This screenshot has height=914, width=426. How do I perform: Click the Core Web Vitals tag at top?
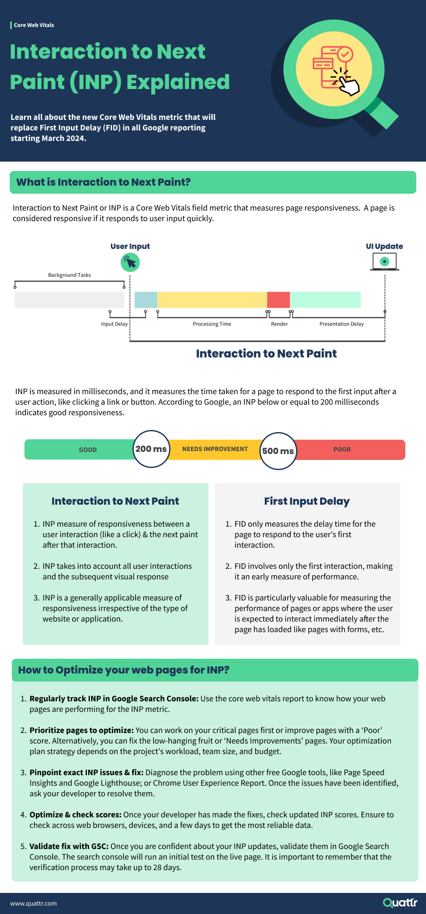click(34, 25)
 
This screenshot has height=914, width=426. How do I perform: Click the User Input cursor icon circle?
click(130, 262)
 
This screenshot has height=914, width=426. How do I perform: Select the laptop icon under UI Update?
click(385, 262)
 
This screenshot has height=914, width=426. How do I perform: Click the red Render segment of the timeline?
click(278, 300)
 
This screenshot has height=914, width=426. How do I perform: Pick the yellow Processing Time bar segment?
click(212, 300)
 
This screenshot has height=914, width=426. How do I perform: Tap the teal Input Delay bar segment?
click(146, 300)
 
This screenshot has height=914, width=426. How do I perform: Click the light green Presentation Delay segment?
click(325, 300)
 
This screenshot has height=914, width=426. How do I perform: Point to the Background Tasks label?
click(70, 275)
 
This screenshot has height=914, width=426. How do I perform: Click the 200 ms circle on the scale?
click(151, 449)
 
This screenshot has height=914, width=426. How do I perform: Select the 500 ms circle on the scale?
click(278, 451)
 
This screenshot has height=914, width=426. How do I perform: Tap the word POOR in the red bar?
click(342, 449)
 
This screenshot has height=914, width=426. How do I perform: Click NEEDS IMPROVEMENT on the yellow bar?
click(215, 449)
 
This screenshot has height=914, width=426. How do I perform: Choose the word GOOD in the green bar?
click(88, 450)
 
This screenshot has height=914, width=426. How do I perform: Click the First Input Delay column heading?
click(307, 501)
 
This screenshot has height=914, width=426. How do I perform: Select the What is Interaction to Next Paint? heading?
click(104, 182)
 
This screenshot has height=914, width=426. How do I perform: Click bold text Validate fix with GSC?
click(69, 846)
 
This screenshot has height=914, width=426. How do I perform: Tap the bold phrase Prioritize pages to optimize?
click(81, 730)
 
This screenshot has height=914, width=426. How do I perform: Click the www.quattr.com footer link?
click(34, 903)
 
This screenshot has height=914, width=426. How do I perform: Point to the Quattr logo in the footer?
click(400, 903)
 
